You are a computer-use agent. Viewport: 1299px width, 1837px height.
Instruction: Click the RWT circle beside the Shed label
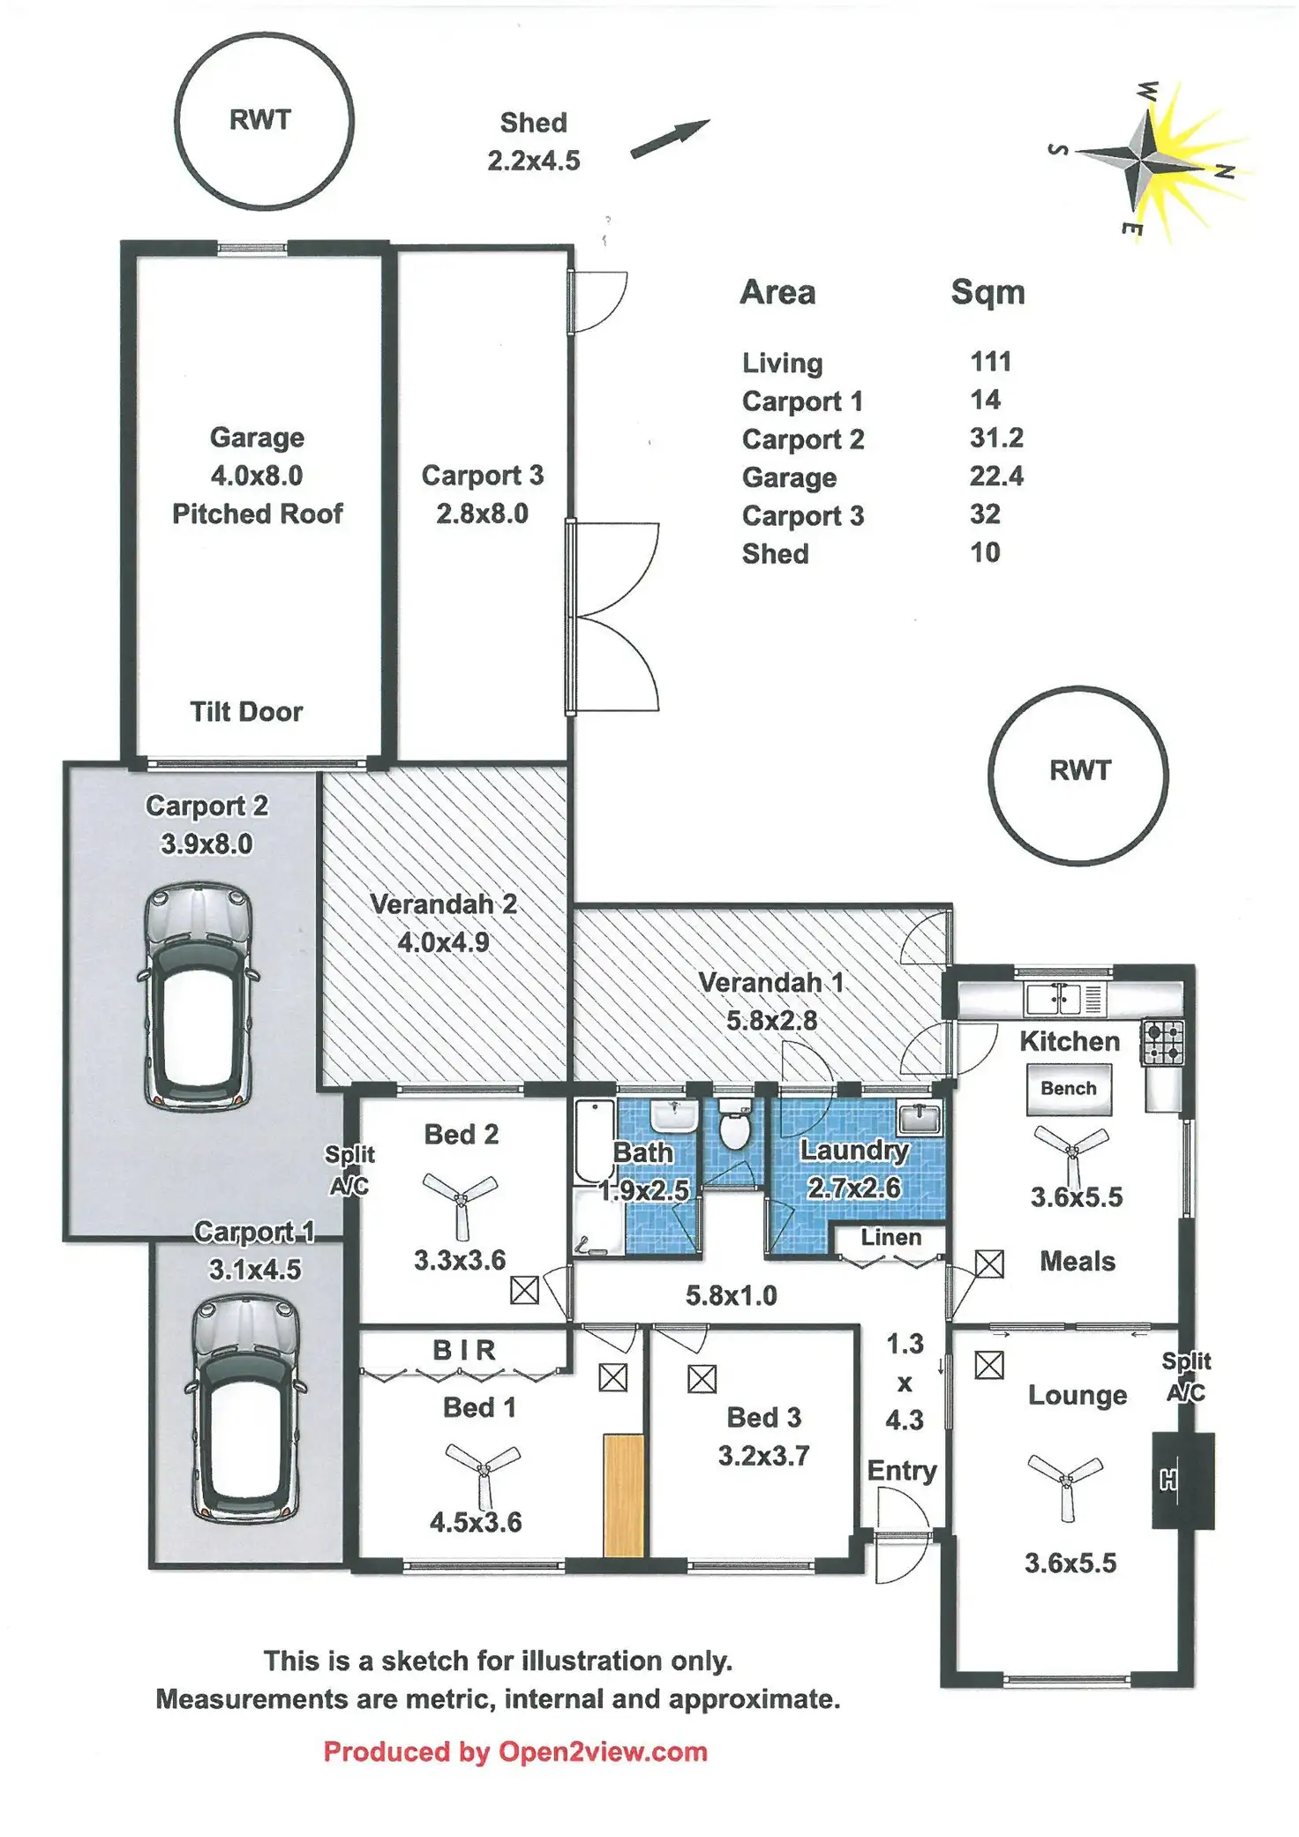pyautogui.click(x=264, y=121)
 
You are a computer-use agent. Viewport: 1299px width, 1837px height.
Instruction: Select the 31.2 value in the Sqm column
pyautogui.click(x=996, y=439)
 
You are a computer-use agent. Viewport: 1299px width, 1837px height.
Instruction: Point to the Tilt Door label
pyautogui.click(x=246, y=712)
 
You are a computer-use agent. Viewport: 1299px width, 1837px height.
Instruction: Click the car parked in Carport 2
pyautogui.click(x=199, y=996)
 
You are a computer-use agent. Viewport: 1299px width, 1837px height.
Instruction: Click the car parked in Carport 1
pyautogui.click(x=246, y=1408)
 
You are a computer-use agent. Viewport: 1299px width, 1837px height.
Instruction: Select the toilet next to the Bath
pyautogui.click(x=734, y=1125)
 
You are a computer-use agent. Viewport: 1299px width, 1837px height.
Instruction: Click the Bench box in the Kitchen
pyautogui.click(x=1069, y=1089)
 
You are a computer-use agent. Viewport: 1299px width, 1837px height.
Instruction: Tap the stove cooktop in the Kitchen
pyautogui.click(x=1163, y=1043)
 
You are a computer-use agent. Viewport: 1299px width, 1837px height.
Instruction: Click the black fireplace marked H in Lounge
pyautogui.click(x=1182, y=1481)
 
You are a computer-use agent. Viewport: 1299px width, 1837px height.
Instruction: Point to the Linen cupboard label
pyautogui.click(x=890, y=1238)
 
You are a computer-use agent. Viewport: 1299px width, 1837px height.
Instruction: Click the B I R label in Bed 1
pyautogui.click(x=464, y=1350)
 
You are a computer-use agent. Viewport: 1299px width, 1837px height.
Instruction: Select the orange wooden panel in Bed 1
pyautogui.click(x=623, y=1495)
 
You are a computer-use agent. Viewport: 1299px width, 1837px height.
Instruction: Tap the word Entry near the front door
pyautogui.click(x=902, y=1471)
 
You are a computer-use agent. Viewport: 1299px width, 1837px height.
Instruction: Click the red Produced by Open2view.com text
pyautogui.click(x=515, y=1751)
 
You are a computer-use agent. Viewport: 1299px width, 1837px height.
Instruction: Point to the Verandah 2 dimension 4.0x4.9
pyautogui.click(x=443, y=942)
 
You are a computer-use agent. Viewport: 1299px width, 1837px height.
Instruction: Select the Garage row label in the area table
pyautogui.click(x=789, y=477)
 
